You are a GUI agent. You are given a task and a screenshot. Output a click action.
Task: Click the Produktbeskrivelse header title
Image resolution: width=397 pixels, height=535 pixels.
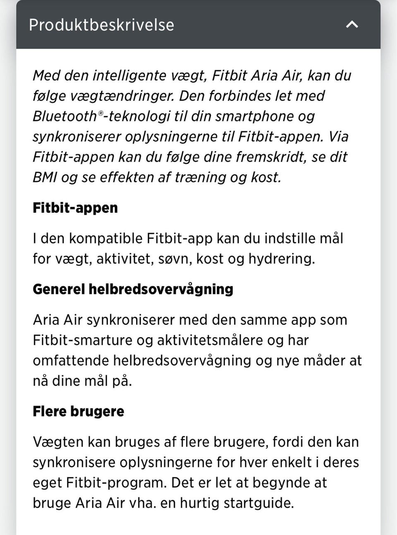[x=101, y=25]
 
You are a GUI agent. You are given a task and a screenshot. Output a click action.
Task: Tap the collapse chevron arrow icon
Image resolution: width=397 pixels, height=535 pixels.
[x=352, y=24]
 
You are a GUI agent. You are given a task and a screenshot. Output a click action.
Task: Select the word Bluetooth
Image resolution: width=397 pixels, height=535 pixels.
[x=65, y=116]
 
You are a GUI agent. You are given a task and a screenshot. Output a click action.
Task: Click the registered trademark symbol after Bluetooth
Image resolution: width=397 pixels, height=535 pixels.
[x=100, y=113]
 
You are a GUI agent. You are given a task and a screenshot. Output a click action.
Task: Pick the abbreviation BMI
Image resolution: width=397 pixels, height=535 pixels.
[x=45, y=178]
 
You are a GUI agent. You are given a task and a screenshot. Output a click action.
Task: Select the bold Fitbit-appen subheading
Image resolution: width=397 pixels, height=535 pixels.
[x=75, y=208]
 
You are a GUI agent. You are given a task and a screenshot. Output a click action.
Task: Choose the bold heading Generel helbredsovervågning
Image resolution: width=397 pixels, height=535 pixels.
[x=133, y=289]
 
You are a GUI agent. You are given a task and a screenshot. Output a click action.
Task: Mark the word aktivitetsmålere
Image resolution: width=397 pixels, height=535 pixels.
[x=210, y=341]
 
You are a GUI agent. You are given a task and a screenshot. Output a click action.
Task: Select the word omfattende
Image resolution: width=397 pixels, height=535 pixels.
[x=71, y=361]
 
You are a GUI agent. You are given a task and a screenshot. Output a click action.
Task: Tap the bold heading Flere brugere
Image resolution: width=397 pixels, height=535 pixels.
[x=78, y=412]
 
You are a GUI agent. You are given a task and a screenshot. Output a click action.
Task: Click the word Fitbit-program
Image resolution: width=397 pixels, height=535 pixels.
[x=115, y=483]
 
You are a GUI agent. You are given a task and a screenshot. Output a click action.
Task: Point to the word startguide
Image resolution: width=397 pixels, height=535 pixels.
[x=258, y=503]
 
